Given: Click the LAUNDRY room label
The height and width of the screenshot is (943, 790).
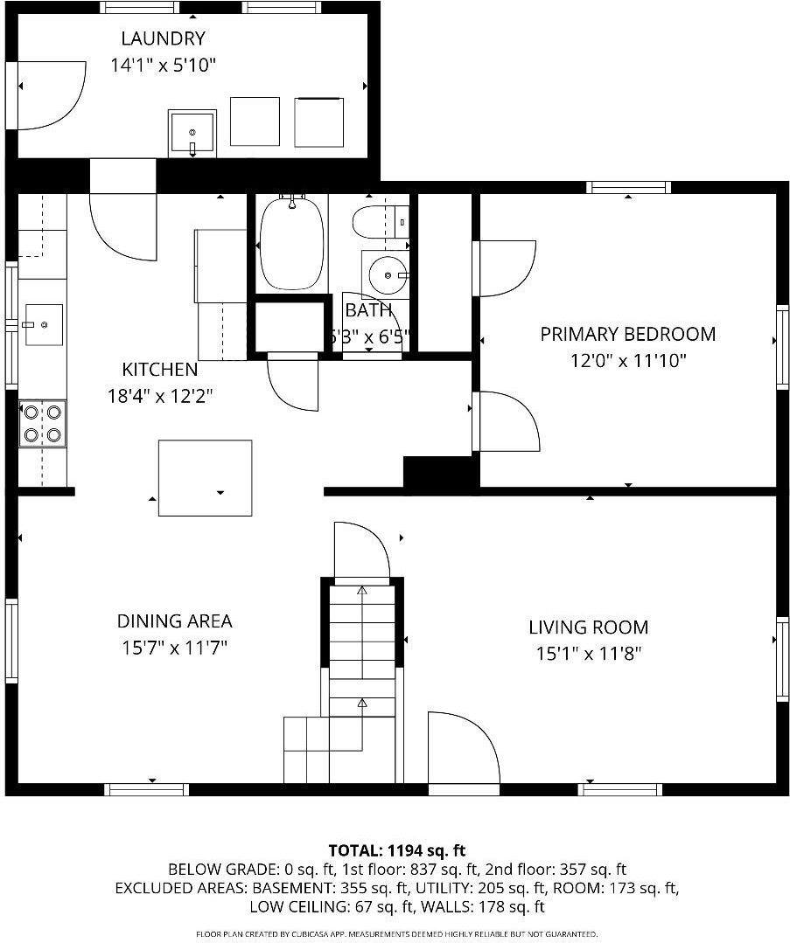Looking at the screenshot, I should pos(163,38).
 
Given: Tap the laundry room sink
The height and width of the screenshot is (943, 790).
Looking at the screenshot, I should pos(192,134).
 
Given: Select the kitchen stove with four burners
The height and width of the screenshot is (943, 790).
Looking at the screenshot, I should pos(43,422).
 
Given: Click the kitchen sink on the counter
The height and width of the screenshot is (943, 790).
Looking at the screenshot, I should pos(43,324).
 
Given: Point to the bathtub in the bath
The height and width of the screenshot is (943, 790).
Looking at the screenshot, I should pos(290,243).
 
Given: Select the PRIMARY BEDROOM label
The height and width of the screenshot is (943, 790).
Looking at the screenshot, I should pos(627,334).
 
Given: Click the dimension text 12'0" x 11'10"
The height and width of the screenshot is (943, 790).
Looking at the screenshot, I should pos(627,360).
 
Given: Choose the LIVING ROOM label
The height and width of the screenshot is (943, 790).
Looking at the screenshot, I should pos(588,627).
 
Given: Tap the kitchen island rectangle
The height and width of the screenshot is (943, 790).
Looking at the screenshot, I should pos(205,477).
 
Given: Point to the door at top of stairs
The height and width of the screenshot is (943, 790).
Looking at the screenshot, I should pos(360,551).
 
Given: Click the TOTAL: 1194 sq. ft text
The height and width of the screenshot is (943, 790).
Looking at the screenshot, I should pos(396,849).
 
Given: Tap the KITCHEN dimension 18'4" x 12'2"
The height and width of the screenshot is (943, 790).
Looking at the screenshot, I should pos(160,395).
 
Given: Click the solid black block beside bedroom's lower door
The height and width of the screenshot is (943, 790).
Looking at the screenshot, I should pos(440,471).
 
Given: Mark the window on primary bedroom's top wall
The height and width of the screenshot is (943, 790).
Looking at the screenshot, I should pos(628,187).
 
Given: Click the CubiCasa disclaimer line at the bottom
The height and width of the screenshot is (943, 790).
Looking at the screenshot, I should pos(396,934).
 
